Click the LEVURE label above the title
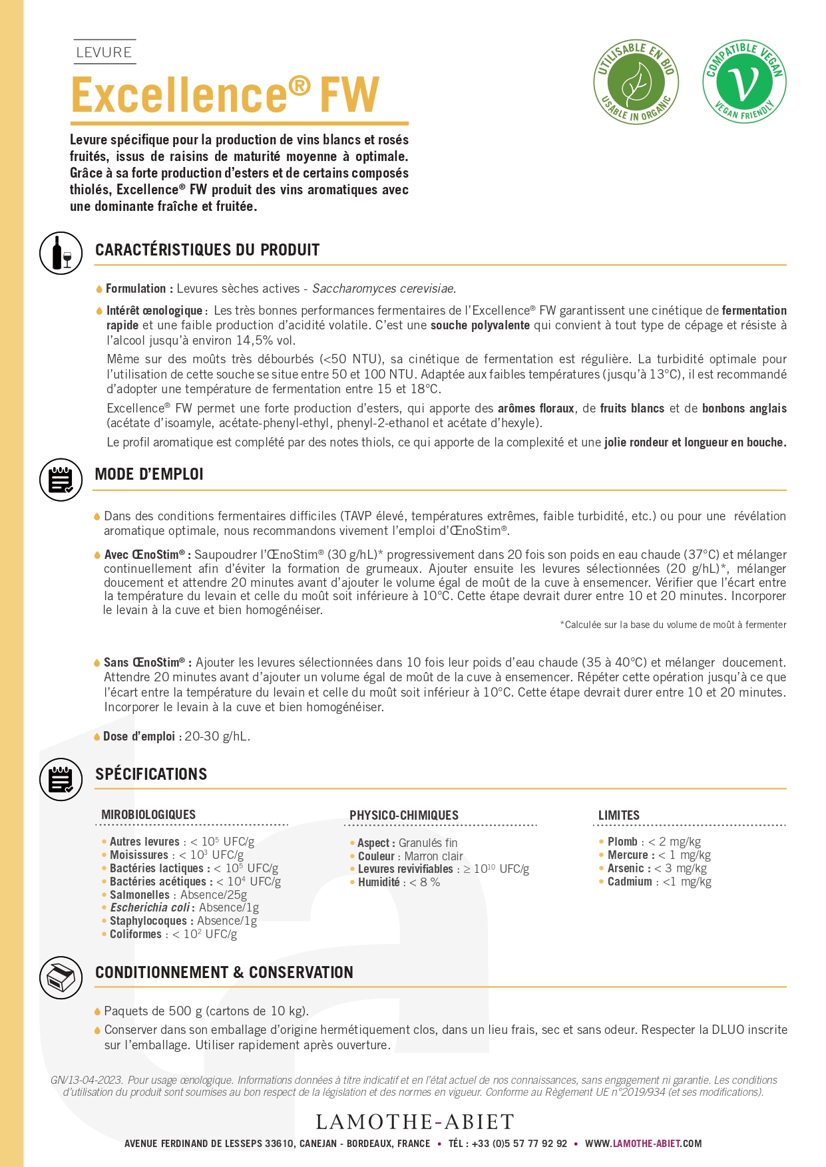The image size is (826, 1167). [x=104, y=52]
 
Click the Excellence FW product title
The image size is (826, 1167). [x=225, y=95]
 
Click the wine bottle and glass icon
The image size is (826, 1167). [x=61, y=253]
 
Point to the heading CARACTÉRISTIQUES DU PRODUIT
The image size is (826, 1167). [x=207, y=250]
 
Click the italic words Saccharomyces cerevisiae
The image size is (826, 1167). [x=383, y=289]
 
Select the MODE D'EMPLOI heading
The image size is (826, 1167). [x=149, y=474]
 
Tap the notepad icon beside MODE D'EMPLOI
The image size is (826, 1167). [x=61, y=479]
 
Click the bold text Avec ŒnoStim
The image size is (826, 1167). [x=144, y=555]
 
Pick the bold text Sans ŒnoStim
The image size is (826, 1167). [x=144, y=663]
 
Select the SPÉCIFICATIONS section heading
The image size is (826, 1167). [x=151, y=774]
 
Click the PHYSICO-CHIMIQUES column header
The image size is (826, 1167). [x=404, y=816]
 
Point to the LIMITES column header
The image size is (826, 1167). [x=619, y=816]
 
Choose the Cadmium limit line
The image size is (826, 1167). [x=659, y=882]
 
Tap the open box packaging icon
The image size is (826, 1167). [x=61, y=977]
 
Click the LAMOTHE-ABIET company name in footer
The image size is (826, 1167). [x=415, y=1122]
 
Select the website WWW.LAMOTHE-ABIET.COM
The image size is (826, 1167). [x=643, y=1144]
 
